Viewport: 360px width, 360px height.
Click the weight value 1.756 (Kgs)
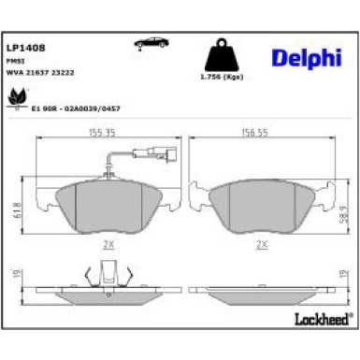pyautogui.click(x=223, y=79)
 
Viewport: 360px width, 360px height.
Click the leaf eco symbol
pyautogui.click(x=16, y=95)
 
